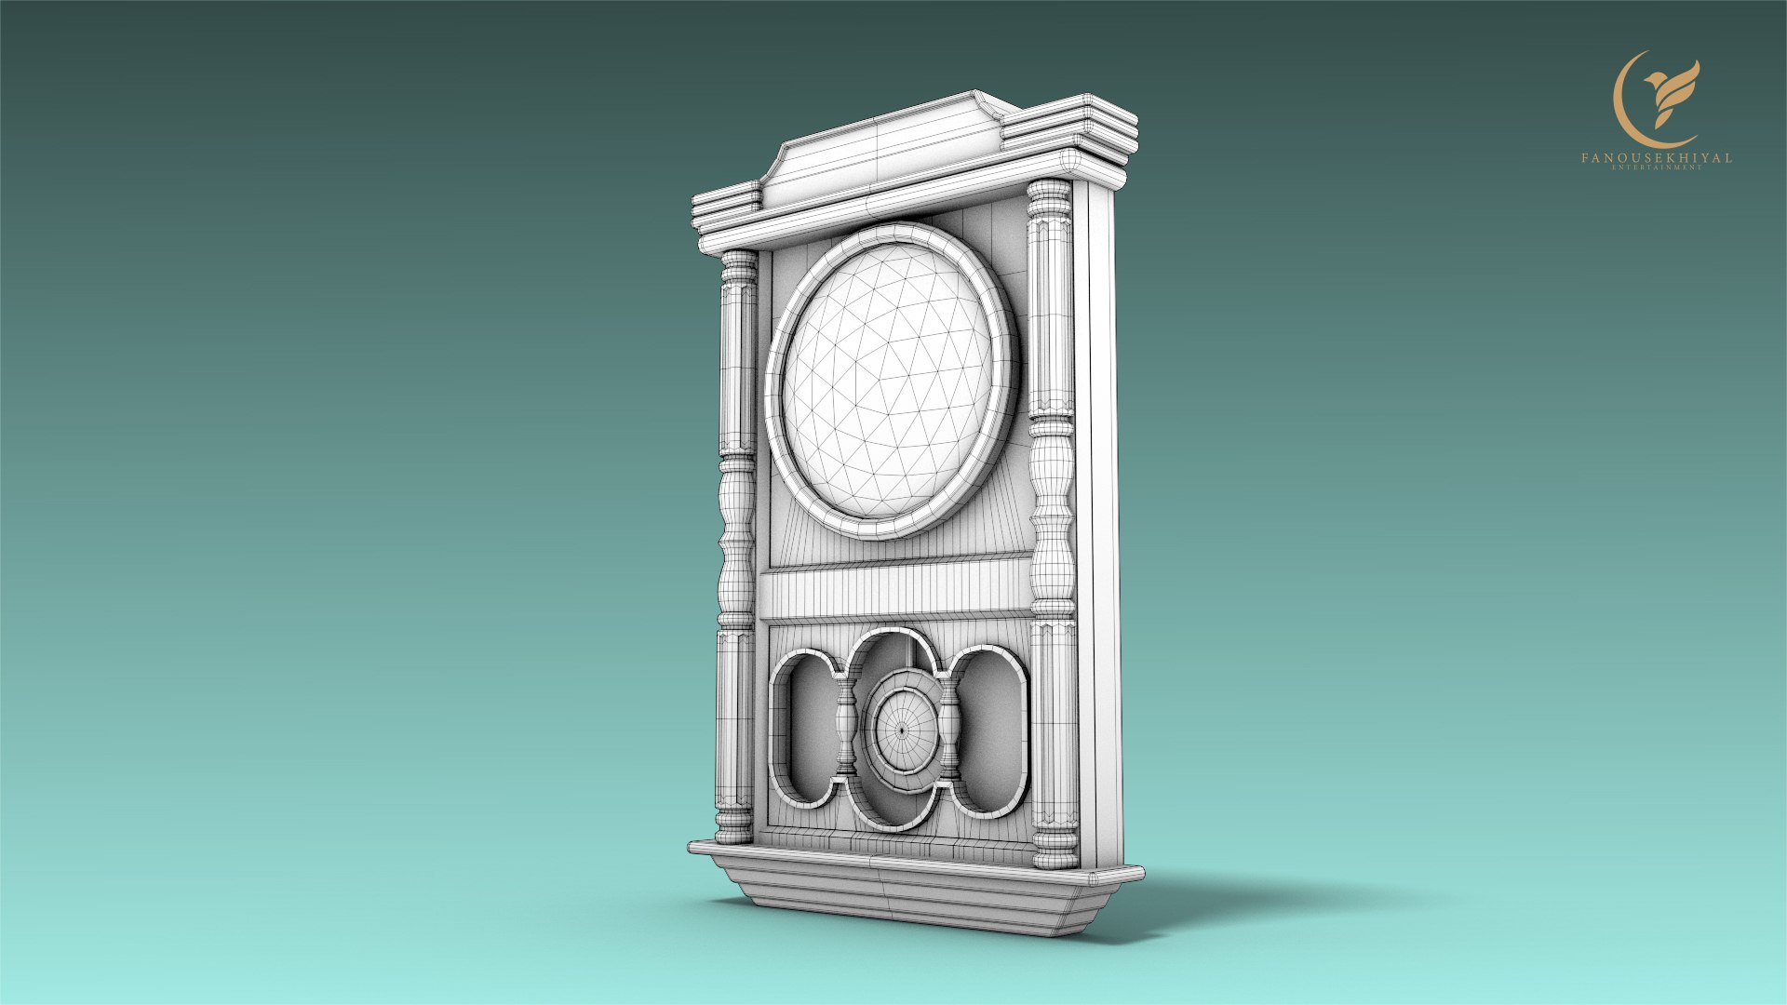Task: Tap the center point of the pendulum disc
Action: pyautogui.click(x=901, y=730)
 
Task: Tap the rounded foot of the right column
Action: pyautogui.click(x=1055, y=851)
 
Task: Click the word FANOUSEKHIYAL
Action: pyautogui.click(x=1656, y=158)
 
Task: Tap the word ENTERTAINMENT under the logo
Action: pyautogui.click(x=1656, y=168)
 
